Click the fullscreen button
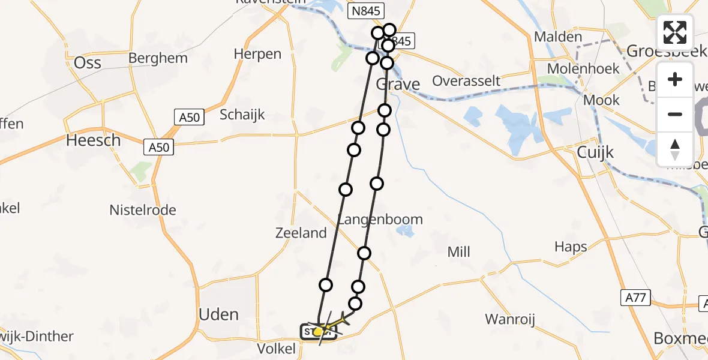pos(675,32)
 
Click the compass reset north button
pos(675,149)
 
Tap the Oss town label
pos(87,64)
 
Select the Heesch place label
pos(93,140)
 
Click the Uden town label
pos(218,314)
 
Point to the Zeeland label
pos(301,233)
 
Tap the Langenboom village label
pos(380,220)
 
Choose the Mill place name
pos(459,253)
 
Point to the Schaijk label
pos(242,115)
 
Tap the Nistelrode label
pos(143,210)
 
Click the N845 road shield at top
pos(366,10)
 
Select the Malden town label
pos(558,37)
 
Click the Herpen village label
pos(257,54)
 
